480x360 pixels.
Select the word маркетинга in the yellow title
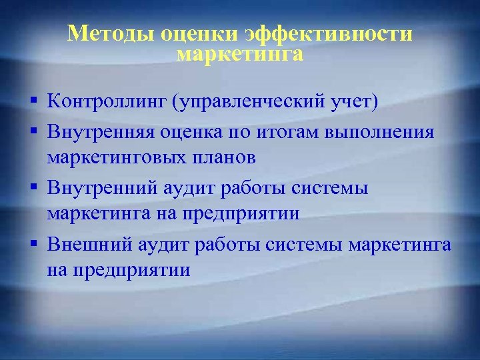[240, 54]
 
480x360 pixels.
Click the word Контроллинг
[107, 102]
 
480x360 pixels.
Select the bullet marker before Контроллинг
[33, 102]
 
